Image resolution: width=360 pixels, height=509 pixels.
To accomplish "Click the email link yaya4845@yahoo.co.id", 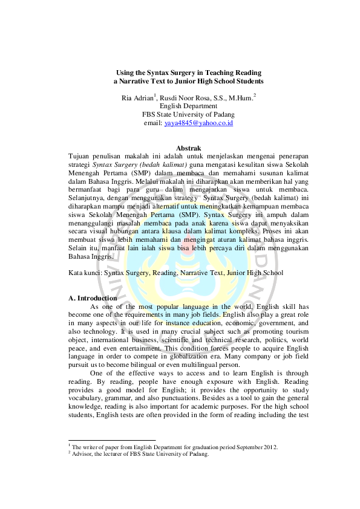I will (x=198, y=123).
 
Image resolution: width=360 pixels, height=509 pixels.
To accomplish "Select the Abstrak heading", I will (x=188, y=148).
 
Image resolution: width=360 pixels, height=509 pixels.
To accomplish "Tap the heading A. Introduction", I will (x=93, y=298).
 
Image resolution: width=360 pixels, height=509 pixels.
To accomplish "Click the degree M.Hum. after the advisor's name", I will (x=241, y=97).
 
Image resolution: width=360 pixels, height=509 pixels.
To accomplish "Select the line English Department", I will (x=188, y=106).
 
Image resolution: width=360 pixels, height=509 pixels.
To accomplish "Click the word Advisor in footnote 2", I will (x=82, y=455).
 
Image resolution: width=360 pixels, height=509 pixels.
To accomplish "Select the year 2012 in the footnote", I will (x=269, y=447).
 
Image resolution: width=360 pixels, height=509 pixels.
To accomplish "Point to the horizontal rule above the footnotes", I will (x=112, y=441).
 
